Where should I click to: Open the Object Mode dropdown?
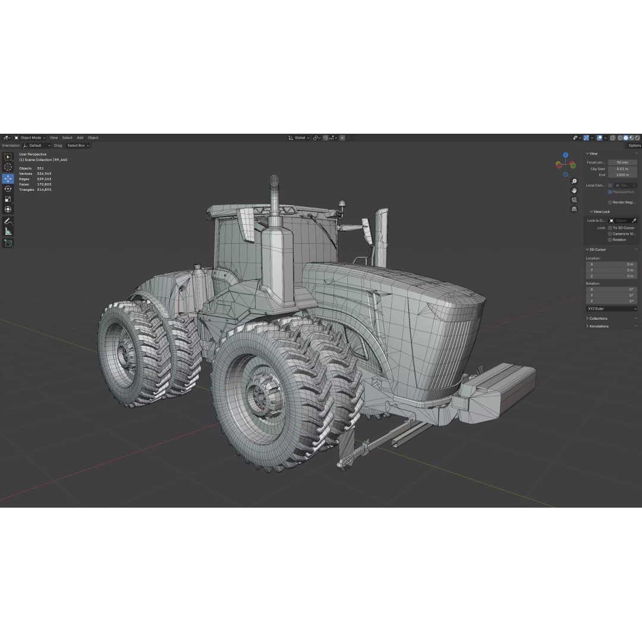click(30, 137)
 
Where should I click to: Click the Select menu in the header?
click(67, 137)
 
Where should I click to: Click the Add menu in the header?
click(80, 137)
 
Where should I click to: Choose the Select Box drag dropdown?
click(78, 145)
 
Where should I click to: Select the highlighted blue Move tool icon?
click(8, 178)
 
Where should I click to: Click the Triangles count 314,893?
click(44, 190)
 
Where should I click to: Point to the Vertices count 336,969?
click(44, 174)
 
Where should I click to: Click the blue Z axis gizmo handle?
click(566, 155)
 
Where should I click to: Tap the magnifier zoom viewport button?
click(574, 181)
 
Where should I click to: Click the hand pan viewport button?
click(574, 190)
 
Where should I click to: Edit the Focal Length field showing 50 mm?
click(622, 162)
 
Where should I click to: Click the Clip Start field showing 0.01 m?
click(622, 169)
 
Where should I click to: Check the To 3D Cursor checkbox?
click(610, 228)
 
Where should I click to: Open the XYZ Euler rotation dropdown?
click(611, 309)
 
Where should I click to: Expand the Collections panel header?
click(598, 319)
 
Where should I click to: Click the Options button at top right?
click(634, 145)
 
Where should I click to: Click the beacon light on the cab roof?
click(342, 204)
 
